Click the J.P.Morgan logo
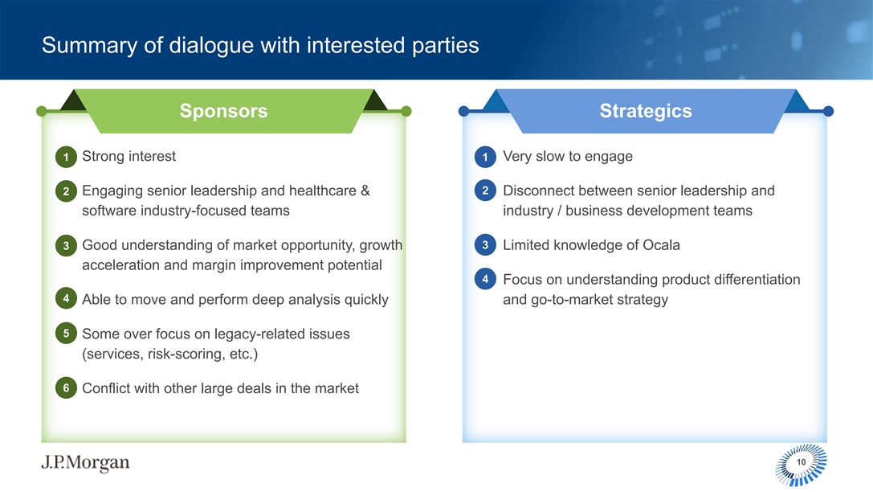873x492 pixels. (x=85, y=462)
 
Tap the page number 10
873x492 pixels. (x=802, y=462)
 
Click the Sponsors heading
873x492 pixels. (x=224, y=111)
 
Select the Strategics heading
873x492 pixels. (x=646, y=111)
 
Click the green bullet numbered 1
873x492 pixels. (x=66, y=157)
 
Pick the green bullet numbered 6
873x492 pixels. (x=66, y=387)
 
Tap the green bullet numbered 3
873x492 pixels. (x=66, y=245)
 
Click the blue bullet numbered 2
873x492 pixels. (x=485, y=191)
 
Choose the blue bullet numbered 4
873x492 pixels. (x=485, y=279)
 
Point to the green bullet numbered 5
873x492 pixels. (x=66, y=333)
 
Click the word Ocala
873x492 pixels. (x=662, y=245)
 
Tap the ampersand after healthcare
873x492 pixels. (x=365, y=191)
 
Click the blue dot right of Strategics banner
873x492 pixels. (x=829, y=112)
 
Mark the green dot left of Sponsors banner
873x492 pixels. (x=41, y=112)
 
